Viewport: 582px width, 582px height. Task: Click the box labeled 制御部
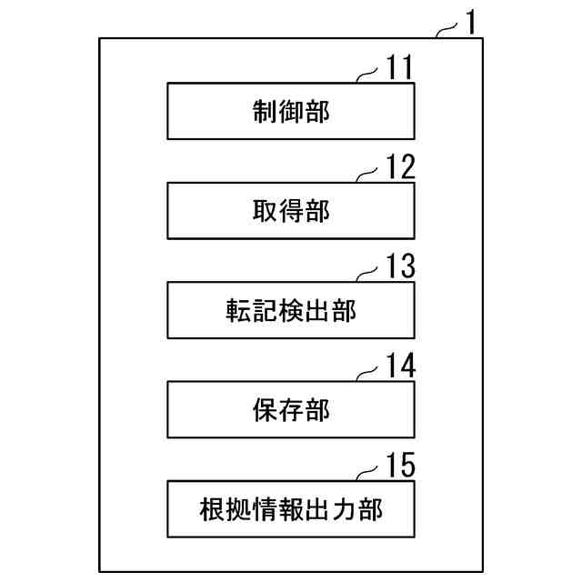(291, 111)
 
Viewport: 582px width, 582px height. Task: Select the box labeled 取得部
(291, 211)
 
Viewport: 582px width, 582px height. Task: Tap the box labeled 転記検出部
(291, 310)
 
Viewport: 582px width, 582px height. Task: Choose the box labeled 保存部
(291, 410)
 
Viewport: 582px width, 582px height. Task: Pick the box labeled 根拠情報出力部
(291, 509)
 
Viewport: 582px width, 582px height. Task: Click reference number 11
(396, 67)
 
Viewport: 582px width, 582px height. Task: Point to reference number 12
(397, 166)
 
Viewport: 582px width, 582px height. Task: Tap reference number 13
(397, 266)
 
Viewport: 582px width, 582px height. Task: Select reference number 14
(397, 366)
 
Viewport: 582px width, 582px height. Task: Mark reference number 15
(397, 466)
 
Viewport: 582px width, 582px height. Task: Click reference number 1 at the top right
(470, 21)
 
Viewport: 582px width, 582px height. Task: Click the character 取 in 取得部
(265, 211)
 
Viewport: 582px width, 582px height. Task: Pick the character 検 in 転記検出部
(291, 311)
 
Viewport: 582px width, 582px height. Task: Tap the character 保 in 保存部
(265, 410)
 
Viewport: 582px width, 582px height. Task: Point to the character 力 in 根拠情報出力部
(344, 509)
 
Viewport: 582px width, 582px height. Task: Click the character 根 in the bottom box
(213, 509)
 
